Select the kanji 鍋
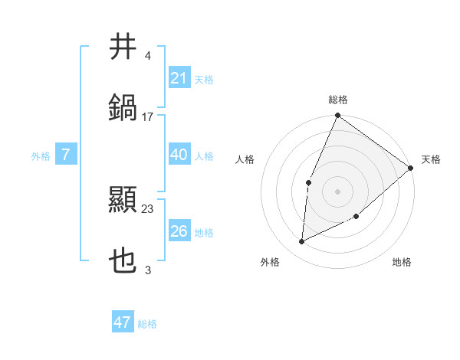point(123,106)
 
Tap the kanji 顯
point(123,201)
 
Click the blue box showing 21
point(179,78)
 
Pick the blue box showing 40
point(179,155)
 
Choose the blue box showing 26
point(179,231)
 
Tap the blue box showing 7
point(66,155)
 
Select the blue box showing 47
point(123,322)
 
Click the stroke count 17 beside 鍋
point(148,117)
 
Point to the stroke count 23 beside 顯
point(148,209)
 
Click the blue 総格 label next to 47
point(147,324)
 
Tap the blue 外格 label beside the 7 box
point(41,155)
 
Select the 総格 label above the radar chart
point(337,100)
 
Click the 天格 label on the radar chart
point(431,159)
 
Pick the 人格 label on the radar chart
point(245,159)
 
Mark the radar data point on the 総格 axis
point(337,116)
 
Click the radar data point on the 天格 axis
point(411,168)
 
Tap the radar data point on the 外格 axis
point(302,242)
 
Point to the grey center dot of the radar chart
point(337,191)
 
